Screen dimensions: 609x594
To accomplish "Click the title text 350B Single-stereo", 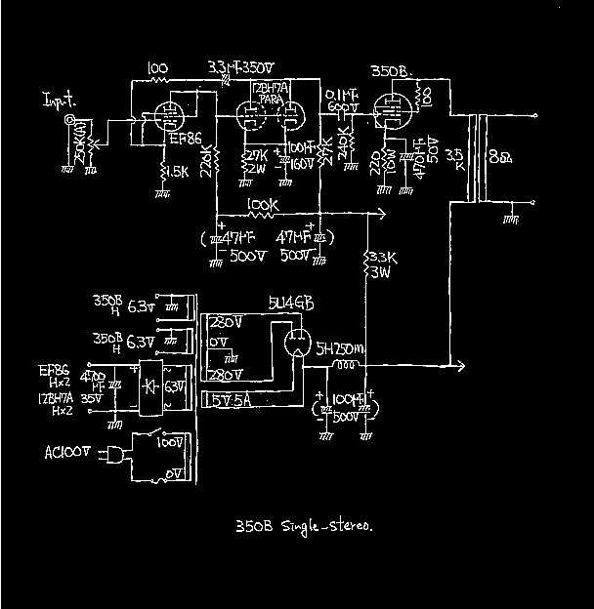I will point(303,527).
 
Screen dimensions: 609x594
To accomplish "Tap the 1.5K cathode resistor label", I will point(176,172).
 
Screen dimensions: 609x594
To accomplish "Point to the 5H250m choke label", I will point(341,346).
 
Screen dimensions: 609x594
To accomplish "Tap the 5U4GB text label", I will point(290,304).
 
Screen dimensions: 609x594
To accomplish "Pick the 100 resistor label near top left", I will point(157,68).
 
